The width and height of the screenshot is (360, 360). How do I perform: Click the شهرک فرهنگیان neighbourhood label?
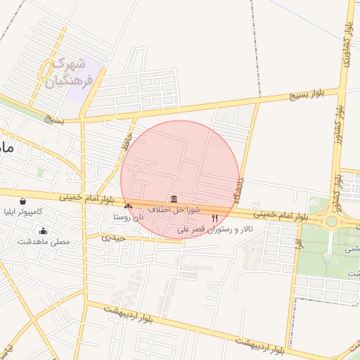[x=69, y=70]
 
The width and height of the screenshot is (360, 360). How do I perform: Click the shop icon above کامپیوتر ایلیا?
[x=24, y=201]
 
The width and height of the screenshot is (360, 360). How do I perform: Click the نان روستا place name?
[x=127, y=217]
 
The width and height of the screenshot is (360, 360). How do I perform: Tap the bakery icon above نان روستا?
[x=127, y=207]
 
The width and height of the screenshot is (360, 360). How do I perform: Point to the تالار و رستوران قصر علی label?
[x=214, y=229]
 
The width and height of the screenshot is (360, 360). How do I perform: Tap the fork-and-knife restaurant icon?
[x=214, y=219]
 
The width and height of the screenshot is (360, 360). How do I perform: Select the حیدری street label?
[x=113, y=238]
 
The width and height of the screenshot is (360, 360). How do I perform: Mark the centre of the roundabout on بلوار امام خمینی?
[x=331, y=221]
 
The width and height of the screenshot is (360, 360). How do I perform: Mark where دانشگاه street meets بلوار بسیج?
[x=257, y=103]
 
